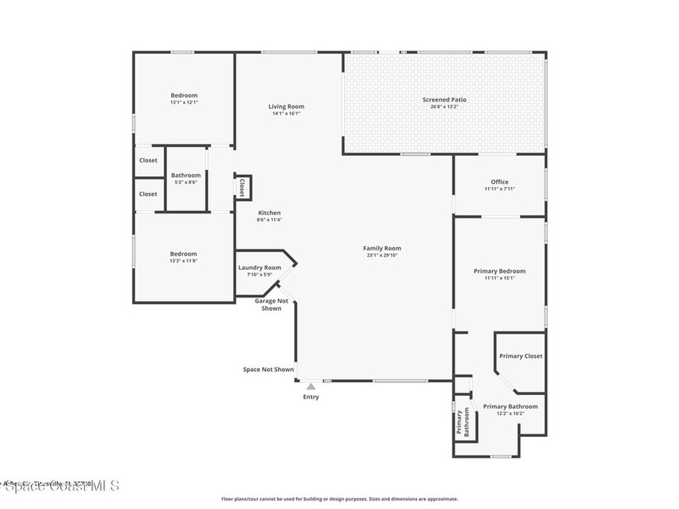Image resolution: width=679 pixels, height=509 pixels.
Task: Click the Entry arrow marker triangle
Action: [310, 386]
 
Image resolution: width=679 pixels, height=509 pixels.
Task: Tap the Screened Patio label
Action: [440, 100]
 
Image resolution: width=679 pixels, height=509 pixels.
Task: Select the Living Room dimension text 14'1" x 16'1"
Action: [286, 113]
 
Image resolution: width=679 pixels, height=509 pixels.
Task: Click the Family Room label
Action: [382, 249]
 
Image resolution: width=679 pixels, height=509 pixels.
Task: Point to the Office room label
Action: [499, 182]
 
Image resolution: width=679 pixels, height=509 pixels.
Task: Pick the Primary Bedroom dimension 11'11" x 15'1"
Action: [499, 278]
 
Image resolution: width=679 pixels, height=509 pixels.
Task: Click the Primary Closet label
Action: [521, 356]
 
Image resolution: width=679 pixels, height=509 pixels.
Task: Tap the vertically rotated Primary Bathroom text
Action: [462, 422]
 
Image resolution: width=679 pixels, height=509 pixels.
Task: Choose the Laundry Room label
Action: [259, 268]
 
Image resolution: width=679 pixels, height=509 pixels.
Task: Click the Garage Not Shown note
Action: [271, 304]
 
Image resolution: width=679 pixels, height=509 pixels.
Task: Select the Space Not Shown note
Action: [268, 370]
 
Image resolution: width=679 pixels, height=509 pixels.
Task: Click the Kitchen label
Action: [269, 213]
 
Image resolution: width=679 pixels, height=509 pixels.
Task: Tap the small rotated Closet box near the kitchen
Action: [242, 187]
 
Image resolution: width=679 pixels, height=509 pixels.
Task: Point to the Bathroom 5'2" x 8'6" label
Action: [186, 176]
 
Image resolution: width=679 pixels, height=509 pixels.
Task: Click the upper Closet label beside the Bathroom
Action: [148, 160]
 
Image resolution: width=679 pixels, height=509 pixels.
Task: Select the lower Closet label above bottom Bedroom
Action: [148, 194]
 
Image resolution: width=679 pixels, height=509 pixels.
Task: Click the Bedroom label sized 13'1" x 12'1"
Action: [184, 95]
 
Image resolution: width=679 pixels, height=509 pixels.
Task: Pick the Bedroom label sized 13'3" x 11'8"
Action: [183, 254]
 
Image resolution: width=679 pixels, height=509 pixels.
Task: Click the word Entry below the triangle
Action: [310, 397]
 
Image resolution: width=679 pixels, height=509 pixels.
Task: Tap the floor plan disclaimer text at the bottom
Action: [339, 499]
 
